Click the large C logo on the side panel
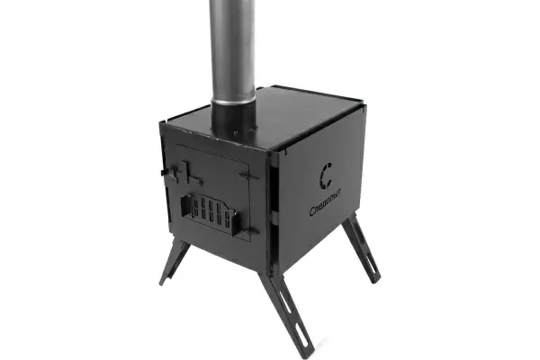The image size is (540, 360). click(320, 176)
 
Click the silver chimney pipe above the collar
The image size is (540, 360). click(233, 51)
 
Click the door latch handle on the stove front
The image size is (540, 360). click(182, 174)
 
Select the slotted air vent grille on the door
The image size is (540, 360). click(210, 213)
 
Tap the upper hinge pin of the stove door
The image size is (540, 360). click(249, 176)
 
